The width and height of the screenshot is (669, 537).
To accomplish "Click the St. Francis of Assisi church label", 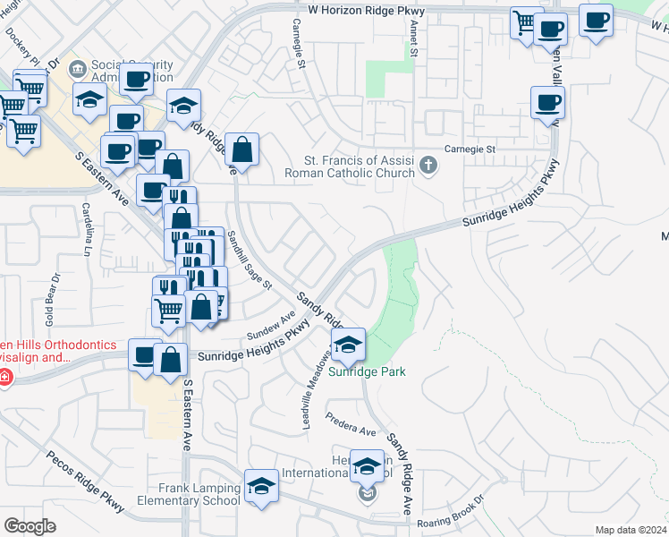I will pyautogui.click(x=349, y=166).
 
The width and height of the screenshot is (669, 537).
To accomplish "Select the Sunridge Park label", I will pyautogui.click(x=367, y=371).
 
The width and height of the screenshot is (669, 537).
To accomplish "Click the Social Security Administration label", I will pyautogui.click(x=132, y=71).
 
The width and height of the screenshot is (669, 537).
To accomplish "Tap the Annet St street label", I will pyautogui.click(x=414, y=41).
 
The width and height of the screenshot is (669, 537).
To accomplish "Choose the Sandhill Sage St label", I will pyautogui.click(x=250, y=260).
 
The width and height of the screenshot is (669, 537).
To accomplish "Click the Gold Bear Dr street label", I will pyautogui.click(x=51, y=306).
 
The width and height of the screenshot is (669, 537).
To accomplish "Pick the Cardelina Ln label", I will pyautogui.click(x=89, y=228).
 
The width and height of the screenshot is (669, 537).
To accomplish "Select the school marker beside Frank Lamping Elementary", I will pyautogui.click(x=261, y=486).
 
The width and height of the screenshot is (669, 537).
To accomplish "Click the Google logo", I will pyautogui.click(x=30, y=526).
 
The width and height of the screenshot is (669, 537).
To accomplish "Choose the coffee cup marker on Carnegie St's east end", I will pyautogui.click(x=546, y=102).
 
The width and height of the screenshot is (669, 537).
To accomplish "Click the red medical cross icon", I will pyautogui.click(x=5, y=378).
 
